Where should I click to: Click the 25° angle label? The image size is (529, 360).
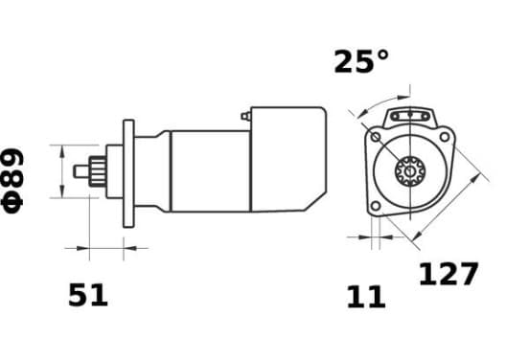tap(361, 61)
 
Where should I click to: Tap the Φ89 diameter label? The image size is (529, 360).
tap(12, 181)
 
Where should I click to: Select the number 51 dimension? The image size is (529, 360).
tap(88, 295)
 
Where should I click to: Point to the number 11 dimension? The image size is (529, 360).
tap(366, 297)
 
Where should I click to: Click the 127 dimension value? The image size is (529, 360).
tap(448, 274)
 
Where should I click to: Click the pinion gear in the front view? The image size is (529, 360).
tap(410, 171)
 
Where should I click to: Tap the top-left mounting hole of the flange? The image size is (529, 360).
tap(376, 137)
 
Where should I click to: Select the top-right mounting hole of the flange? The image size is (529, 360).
tap(445, 137)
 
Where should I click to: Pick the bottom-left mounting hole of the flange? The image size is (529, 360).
tap(375, 206)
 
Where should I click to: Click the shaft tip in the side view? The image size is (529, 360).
tap(81, 171)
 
